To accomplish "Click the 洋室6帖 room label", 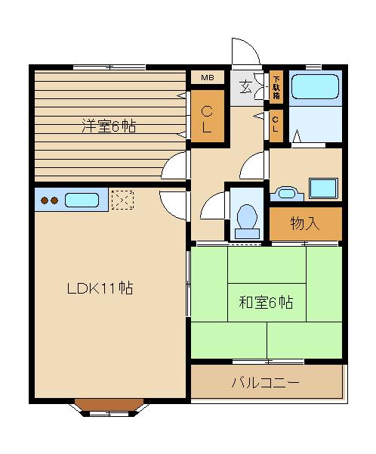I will [109, 126].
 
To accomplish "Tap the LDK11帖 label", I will [100, 288].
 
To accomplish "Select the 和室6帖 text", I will [266, 303].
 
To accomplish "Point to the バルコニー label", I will [265, 383].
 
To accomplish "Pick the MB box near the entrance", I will [207, 78].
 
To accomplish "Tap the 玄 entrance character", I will [247, 86].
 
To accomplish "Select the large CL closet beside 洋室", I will [207, 117].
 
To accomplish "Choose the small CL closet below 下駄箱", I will [277, 123].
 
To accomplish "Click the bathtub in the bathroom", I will [316, 87].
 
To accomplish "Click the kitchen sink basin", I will [82, 201].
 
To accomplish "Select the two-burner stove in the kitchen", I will [49, 201].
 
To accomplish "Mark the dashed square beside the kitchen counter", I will [122, 201].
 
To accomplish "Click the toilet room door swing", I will [213, 204].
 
